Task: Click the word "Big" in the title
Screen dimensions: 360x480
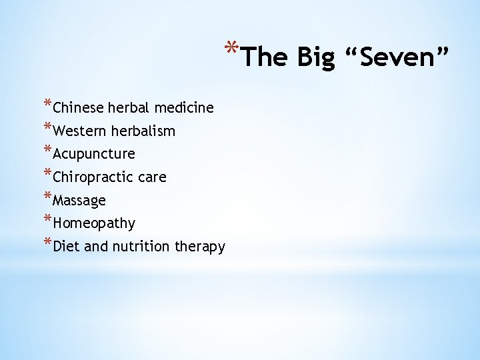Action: click(315, 58)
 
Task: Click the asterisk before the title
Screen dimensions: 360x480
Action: click(231, 49)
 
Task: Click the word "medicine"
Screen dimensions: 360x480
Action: click(184, 107)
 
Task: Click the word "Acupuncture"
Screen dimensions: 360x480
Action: click(94, 155)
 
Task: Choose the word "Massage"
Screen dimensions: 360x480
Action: click(79, 201)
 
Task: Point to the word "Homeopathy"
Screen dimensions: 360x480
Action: click(94, 223)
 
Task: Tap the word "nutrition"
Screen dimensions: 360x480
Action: click(141, 247)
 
